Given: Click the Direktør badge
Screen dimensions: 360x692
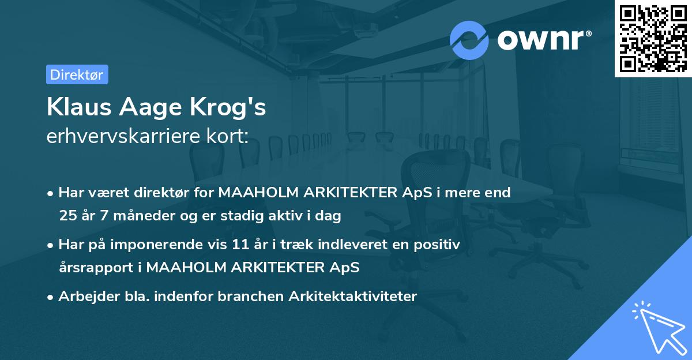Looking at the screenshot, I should click(77, 74).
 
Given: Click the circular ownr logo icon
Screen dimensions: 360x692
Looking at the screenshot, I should click(469, 40).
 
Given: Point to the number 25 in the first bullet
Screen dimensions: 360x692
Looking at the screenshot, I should click(67, 216).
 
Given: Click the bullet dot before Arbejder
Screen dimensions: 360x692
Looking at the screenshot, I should click(51, 297).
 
